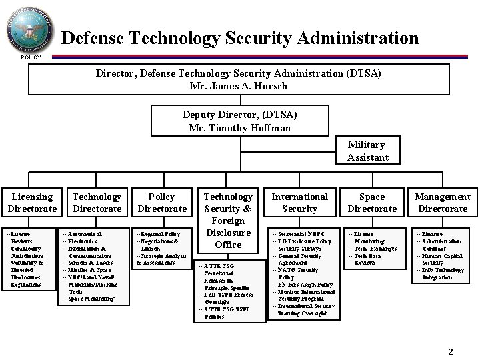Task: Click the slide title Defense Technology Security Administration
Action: click(x=240, y=38)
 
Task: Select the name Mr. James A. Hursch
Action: click(x=238, y=86)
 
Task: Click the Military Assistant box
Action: click(x=366, y=151)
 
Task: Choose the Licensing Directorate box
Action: click(x=32, y=203)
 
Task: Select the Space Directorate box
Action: click(x=371, y=203)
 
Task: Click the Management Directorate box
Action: click(x=442, y=203)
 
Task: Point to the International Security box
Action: click(x=299, y=203)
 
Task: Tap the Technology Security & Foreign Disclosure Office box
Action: click(x=227, y=220)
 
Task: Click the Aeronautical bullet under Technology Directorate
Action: click(x=83, y=234)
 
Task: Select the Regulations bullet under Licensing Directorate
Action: click(x=25, y=285)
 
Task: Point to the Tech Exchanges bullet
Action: click(x=373, y=249)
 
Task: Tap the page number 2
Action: click(x=450, y=351)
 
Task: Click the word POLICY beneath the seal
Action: click(x=30, y=57)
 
